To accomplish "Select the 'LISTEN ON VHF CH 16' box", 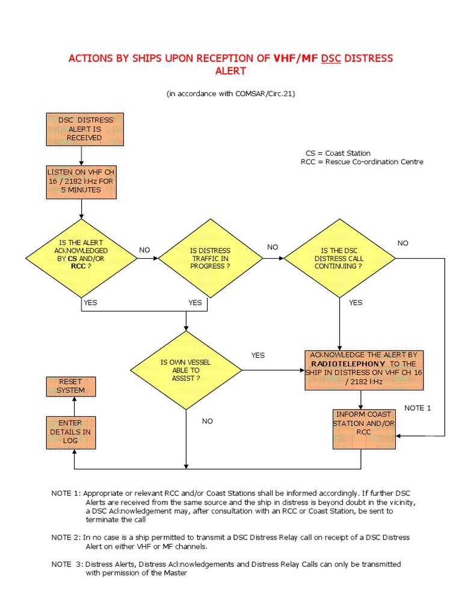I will tap(81, 182).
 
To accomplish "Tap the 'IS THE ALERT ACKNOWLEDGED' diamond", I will tap(81, 258).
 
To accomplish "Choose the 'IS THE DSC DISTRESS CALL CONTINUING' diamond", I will tap(339, 258).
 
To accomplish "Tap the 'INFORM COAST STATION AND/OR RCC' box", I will tap(363, 429).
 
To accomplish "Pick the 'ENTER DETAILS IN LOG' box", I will tap(71, 432).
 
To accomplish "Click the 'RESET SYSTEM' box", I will tap(71, 386).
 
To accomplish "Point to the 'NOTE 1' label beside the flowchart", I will tap(417, 408).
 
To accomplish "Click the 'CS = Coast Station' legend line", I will tap(338, 153).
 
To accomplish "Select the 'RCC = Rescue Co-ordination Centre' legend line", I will tap(362, 162).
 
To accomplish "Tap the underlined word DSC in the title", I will tap(331, 58).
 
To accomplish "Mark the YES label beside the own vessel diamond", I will tap(257, 355).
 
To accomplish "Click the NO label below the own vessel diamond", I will tap(207, 421).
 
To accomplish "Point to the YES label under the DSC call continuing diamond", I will tap(356, 303).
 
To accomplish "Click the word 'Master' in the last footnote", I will tap(174, 573).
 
